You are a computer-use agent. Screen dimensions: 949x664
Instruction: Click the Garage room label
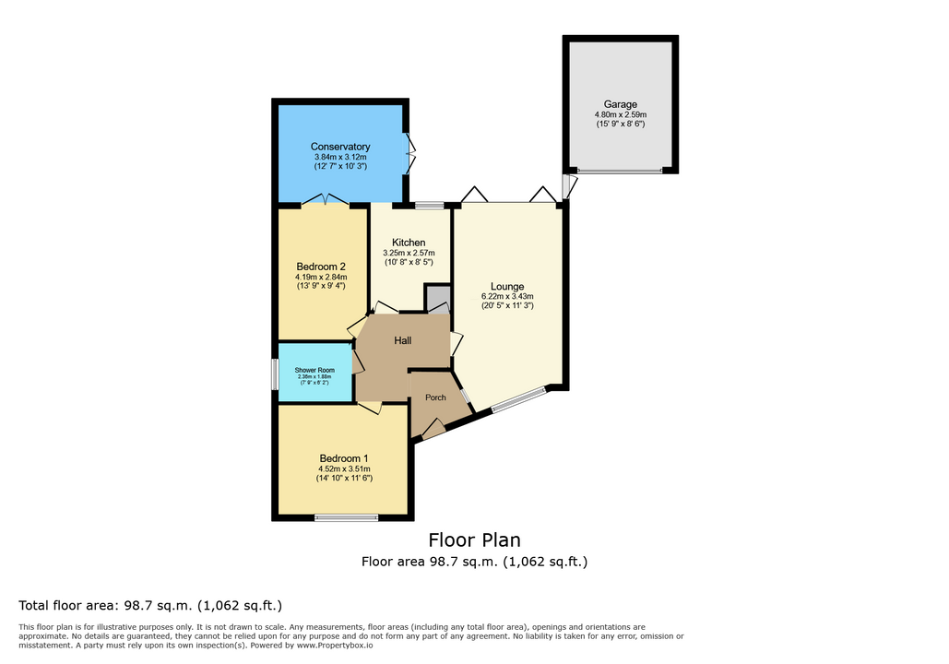tap(620, 104)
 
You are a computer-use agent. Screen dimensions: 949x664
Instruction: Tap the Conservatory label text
tap(340, 147)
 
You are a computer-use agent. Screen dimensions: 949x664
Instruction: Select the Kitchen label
tap(409, 243)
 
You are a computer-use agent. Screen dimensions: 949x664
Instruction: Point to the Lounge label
tap(507, 286)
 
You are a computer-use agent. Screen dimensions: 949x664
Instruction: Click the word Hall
tap(402, 341)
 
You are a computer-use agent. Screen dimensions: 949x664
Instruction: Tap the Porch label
tap(435, 397)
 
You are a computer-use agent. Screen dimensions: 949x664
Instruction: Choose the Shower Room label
tap(314, 370)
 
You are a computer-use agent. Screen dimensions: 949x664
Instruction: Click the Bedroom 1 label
tap(344, 459)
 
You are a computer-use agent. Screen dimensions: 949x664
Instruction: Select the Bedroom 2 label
tap(321, 267)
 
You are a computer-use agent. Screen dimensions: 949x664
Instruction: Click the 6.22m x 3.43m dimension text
tap(507, 297)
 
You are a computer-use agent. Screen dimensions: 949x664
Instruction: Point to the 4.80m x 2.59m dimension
tap(621, 114)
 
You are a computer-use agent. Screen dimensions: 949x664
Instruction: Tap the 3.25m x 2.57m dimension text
tap(409, 253)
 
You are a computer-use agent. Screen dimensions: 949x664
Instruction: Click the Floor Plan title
tap(474, 539)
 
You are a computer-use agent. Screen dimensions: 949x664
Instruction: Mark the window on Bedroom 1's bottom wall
tap(346, 517)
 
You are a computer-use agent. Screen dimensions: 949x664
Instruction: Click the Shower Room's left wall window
tap(275, 374)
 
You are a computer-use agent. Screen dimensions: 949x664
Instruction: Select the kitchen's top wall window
tap(429, 206)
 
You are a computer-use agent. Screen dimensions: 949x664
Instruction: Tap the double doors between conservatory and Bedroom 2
tap(325, 201)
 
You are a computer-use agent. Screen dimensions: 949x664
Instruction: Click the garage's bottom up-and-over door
tap(620, 171)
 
